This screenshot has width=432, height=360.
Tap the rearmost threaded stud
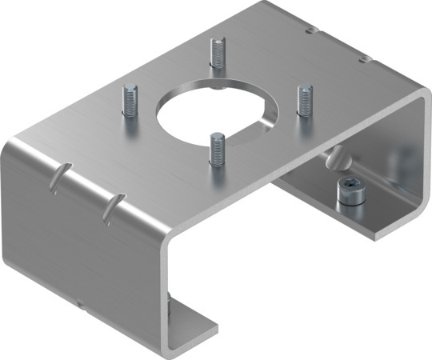(217, 54)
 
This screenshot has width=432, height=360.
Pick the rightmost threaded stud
(304, 101)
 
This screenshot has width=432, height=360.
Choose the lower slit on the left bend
(110, 206)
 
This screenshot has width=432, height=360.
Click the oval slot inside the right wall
(336, 160)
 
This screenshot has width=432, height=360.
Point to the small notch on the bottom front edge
(82, 302)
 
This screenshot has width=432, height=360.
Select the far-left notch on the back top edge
(309, 31)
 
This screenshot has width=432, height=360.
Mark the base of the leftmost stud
(130, 114)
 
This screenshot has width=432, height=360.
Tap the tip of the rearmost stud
(217, 42)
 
